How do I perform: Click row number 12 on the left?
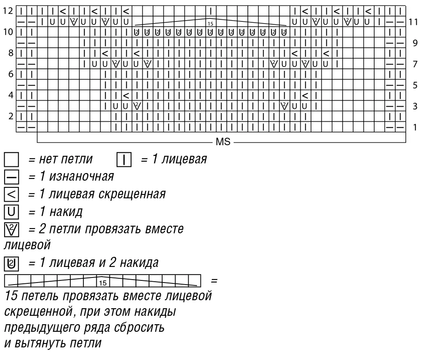(x=8, y=11)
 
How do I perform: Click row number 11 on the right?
(x=413, y=22)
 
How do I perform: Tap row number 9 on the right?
(x=415, y=43)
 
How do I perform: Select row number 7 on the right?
(x=415, y=64)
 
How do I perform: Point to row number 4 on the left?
(x=11, y=95)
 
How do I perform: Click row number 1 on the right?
(x=415, y=127)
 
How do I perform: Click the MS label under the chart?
(x=223, y=142)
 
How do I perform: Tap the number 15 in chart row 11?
(x=210, y=24)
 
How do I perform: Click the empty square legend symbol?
(x=11, y=160)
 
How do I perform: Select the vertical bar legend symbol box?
(x=124, y=160)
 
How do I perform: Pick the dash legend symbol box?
(x=11, y=177)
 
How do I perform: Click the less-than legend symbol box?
(x=11, y=195)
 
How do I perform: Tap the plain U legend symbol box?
(x=11, y=212)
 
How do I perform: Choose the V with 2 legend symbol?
(x=11, y=229)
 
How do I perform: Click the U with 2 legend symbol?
(x=11, y=264)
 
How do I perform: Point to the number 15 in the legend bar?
(x=103, y=283)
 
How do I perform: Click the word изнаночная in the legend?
(x=82, y=177)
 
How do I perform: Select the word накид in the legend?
(x=66, y=212)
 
